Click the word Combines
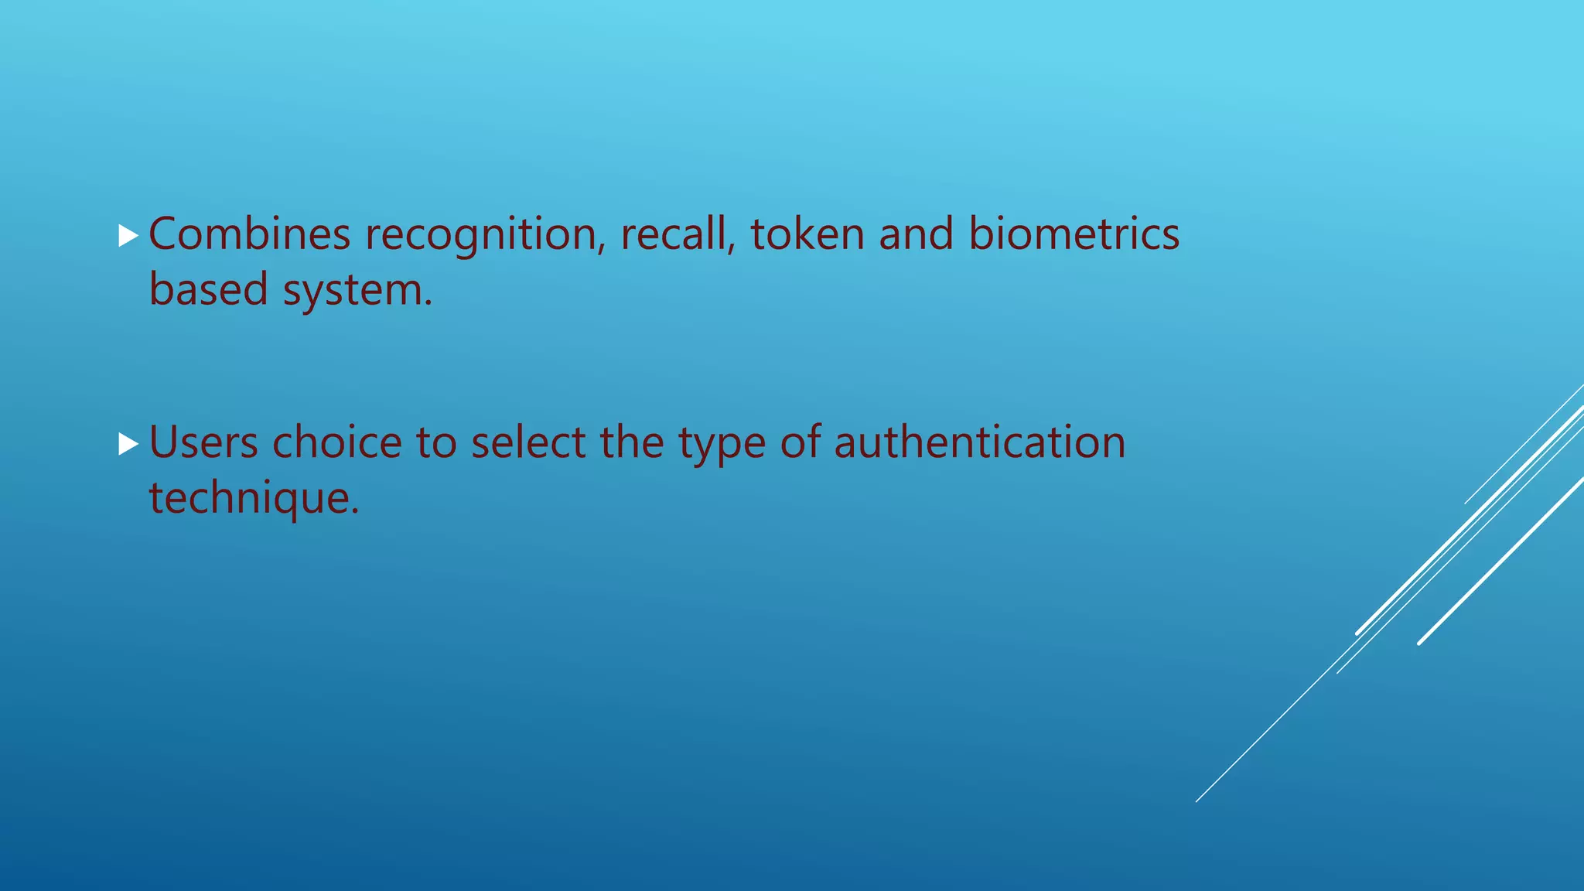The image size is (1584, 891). [x=249, y=234]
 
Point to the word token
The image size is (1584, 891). [x=807, y=234]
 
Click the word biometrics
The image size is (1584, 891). [x=1074, y=234]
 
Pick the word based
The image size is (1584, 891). [x=208, y=289]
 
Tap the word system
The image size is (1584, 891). [x=357, y=291]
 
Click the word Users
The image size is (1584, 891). [x=203, y=442]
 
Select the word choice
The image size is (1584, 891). [x=337, y=442]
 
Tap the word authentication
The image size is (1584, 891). [x=979, y=442]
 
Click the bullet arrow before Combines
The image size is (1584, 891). [x=128, y=235]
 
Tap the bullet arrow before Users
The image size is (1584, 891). [x=128, y=444]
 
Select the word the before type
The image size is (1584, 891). [x=632, y=442]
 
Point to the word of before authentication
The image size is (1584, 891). [x=800, y=442]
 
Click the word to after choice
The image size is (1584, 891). [x=436, y=442]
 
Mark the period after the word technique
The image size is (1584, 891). [x=356, y=511]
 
